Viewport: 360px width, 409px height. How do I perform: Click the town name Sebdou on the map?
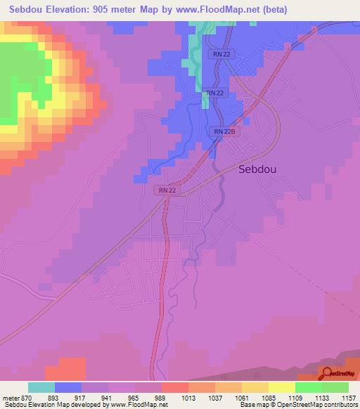point(262,169)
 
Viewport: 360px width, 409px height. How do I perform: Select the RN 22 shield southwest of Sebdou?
point(167,190)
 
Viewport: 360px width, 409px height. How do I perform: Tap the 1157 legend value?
point(349,398)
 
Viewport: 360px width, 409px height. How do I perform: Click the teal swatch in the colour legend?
point(41,387)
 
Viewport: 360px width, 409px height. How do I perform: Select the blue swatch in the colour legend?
point(68,387)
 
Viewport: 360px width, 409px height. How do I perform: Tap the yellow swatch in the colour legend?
point(282,387)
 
